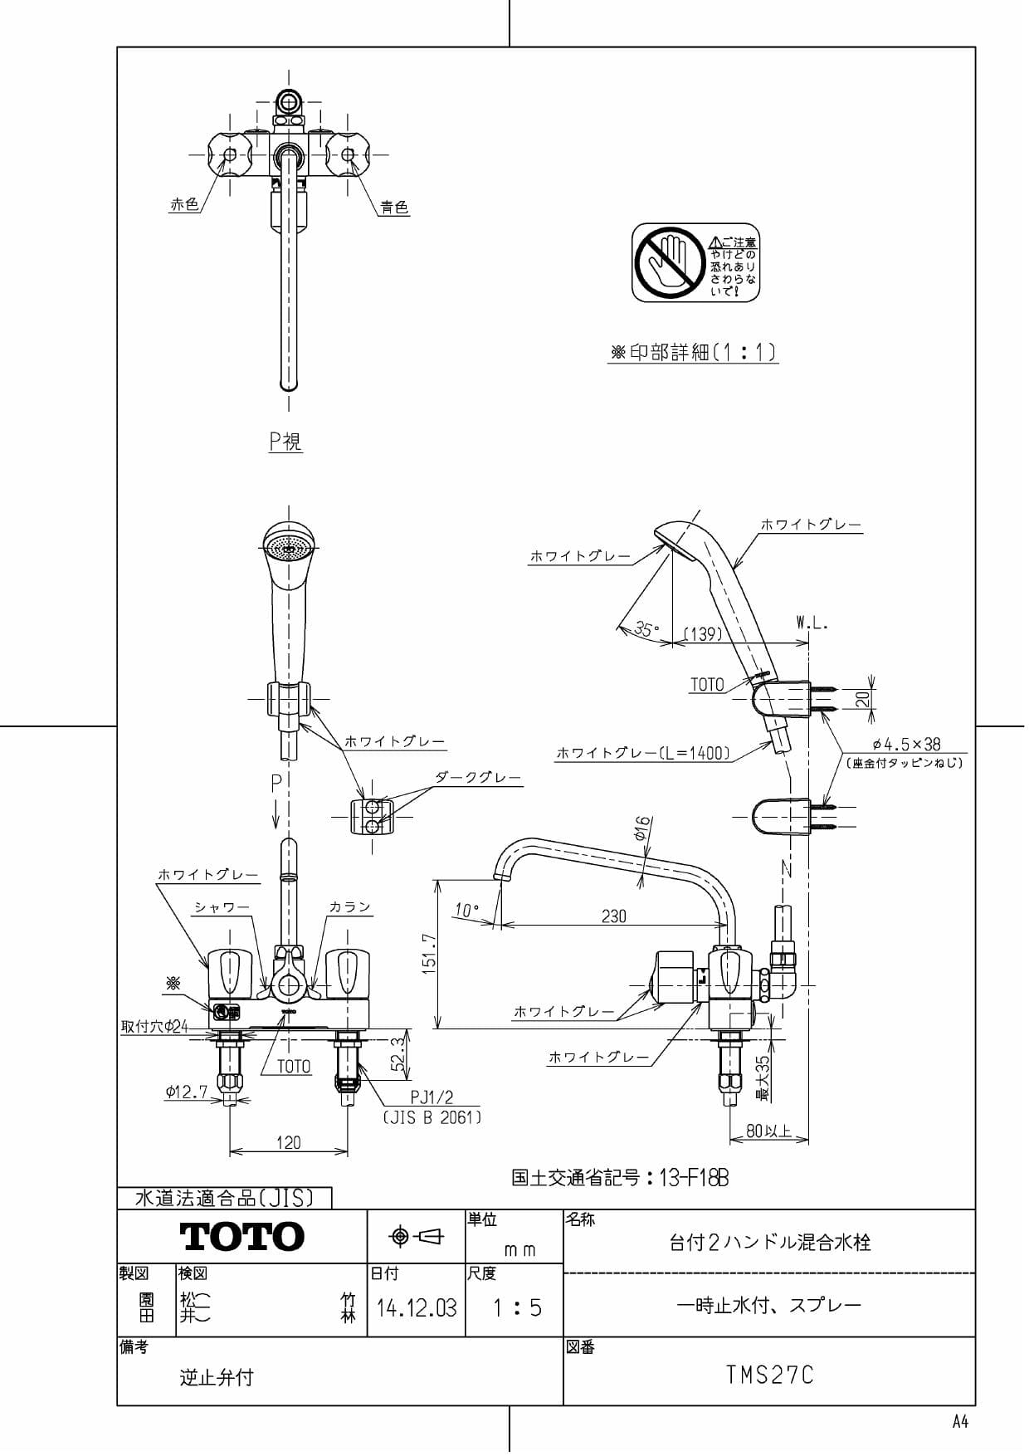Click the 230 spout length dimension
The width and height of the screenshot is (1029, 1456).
click(x=613, y=916)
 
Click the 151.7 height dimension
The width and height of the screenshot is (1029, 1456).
click(x=428, y=954)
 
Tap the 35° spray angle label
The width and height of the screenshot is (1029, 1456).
click(x=646, y=628)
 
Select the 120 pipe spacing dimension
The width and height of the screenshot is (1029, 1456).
click(x=288, y=1142)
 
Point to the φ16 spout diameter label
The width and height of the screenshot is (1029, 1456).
click(x=643, y=829)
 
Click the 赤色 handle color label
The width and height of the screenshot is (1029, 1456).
click(x=184, y=204)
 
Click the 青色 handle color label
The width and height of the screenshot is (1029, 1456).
click(x=394, y=208)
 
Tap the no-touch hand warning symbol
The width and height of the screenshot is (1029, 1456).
click(x=669, y=261)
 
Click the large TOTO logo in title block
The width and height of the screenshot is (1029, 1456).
click(x=241, y=1237)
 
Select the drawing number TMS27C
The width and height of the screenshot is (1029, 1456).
click(x=769, y=1375)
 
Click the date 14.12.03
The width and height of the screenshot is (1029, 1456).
click(x=417, y=1309)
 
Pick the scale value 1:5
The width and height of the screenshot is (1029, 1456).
click(x=516, y=1309)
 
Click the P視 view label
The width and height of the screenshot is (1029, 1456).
click(x=285, y=441)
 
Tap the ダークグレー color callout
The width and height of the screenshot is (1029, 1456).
click(x=478, y=778)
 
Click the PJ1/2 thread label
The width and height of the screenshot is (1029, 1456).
click(x=432, y=1097)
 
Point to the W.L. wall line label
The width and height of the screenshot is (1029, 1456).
click(x=812, y=623)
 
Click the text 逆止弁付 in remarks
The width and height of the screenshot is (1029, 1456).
click(x=216, y=1378)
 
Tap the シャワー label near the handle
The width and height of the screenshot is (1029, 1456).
click(x=222, y=907)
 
